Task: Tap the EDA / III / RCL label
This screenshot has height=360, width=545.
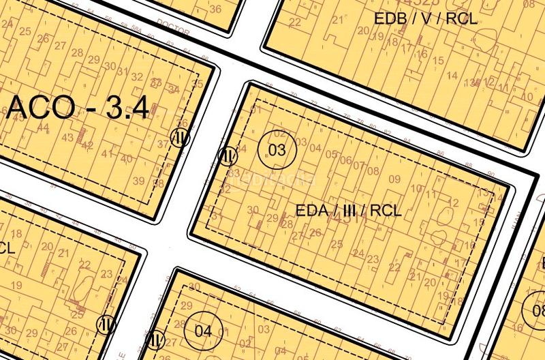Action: pos(349,210)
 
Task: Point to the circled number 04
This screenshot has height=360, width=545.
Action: pos(204,331)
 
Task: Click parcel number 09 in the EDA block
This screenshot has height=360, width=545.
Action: pos(394,179)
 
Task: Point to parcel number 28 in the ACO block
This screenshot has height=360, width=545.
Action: pos(77,53)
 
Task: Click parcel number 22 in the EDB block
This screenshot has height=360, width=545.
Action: pos(294,21)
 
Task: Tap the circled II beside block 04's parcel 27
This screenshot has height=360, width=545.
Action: pos(156,337)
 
